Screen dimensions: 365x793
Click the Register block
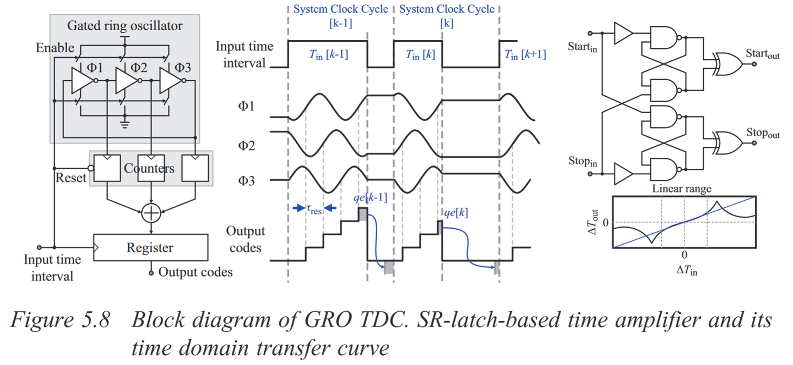click(151, 248)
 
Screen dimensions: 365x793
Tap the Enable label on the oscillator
click(55, 48)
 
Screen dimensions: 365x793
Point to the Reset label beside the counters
click(71, 178)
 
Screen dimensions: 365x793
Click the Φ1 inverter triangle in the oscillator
click(83, 81)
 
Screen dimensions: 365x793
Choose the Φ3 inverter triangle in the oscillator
click(171, 81)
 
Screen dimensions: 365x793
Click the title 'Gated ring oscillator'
click(124, 25)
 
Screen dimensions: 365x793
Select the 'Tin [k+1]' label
click(525, 54)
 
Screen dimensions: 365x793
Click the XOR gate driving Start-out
click(727, 64)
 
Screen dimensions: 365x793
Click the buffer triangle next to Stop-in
click(623, 175)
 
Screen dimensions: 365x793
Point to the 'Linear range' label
click(682, 189)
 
